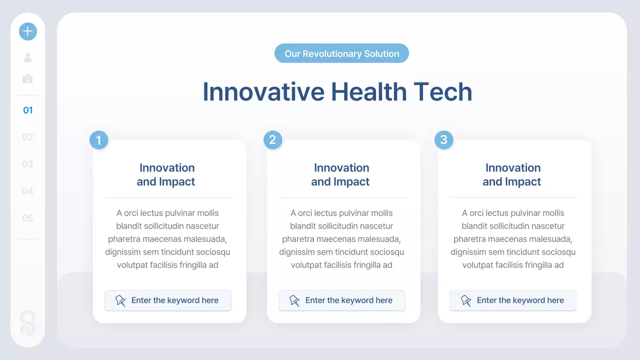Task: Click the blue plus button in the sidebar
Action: click(28, 31)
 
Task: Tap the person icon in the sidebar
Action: click(28, 57)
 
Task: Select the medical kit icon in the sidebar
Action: click(27, 78)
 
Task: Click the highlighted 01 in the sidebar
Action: click(28, 110)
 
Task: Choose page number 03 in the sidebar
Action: click(27, 164)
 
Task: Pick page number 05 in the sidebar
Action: click(27, 218)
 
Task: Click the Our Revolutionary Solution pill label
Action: click(341, 53)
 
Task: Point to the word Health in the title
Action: click(368, 92)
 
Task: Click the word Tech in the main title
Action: click(442, 92)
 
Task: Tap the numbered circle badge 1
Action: click(98, 140)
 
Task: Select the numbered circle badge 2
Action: click(272, 139)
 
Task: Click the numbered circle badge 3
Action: click(443, 139)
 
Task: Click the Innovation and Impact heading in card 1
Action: click(166, 174)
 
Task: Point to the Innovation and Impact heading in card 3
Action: click(512, 174)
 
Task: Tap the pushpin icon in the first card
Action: click(120, 300)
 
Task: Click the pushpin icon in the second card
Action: click(294, 300)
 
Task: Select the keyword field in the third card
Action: click(512, 300)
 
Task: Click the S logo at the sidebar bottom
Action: click(28, 323)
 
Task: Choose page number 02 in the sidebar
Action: click(27, 137)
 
